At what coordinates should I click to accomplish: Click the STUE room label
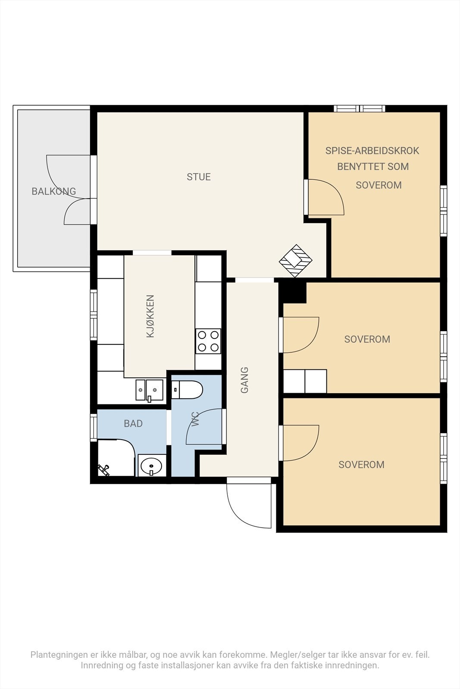coord(199,177)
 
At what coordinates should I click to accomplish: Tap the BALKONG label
coord(54,191)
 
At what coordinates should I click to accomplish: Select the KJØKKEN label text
coord(150,316)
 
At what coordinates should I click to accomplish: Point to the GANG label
coord(244,380)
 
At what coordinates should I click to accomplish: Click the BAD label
coord(133,424)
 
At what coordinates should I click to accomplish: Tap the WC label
coord(195,419)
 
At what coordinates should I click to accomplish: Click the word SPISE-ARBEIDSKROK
coord(372,151)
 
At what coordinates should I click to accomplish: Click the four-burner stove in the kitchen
coord(208,341)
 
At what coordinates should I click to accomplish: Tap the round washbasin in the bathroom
coord(151,466)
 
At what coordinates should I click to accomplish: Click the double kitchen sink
coord(149,390)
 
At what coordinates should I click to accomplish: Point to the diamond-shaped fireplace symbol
coord(296,261)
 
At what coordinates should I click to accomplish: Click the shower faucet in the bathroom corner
coord(104,470)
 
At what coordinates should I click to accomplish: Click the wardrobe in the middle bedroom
coord(305,381)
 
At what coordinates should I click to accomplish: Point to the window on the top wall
coord(360,109)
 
